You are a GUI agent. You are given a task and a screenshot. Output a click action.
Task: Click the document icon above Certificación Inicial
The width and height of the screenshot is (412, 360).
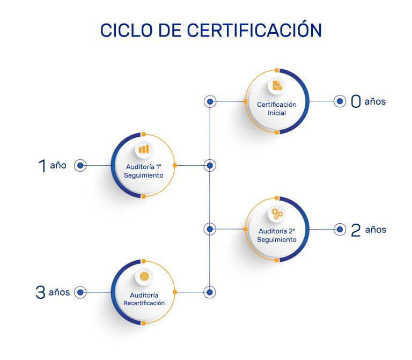(x=277, y=86)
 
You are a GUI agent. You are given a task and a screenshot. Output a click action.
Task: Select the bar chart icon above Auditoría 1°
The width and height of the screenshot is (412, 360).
(x=144, y=149)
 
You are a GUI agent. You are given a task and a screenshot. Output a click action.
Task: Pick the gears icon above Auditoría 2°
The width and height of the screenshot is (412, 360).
(x=277, y=214)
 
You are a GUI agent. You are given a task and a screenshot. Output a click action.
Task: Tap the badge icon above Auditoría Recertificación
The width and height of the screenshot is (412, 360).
(x=144, y=277)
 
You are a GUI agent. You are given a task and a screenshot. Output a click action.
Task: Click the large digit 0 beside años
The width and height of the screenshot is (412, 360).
(x=356, y=101)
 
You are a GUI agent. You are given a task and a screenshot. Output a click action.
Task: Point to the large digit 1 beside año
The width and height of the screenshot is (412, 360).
(x=42, y=166)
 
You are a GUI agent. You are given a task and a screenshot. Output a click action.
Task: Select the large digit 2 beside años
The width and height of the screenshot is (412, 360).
(x=356, y=230)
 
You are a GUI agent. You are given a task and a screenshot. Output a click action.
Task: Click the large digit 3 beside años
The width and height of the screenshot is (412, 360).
(x=40, y=292)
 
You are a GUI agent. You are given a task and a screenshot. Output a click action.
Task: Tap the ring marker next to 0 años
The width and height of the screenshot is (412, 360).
(x=340, y=101)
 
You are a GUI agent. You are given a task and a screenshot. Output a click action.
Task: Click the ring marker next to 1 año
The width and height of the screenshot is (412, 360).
(x=80, y=166)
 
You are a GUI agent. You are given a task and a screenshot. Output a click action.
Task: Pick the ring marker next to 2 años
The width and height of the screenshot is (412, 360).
(x=340, y=230)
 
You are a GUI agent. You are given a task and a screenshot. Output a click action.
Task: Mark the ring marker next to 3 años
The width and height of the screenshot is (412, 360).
(x=80, y=292)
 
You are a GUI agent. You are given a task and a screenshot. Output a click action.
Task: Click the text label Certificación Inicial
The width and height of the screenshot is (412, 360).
(x=277, y=109)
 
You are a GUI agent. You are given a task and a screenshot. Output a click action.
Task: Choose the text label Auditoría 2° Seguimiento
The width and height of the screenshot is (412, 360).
(x=277, y=236)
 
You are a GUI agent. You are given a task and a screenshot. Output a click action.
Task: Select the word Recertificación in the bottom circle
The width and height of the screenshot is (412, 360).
(x=144, y=303)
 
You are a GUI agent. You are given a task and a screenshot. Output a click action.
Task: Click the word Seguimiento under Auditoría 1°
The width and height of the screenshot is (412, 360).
(x=144, y=175)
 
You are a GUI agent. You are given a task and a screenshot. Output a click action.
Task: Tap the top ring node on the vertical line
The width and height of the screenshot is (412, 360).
(x=210, y=101)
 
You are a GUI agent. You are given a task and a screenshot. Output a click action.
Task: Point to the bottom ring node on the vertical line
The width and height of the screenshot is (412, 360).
(x=210, y=292)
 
